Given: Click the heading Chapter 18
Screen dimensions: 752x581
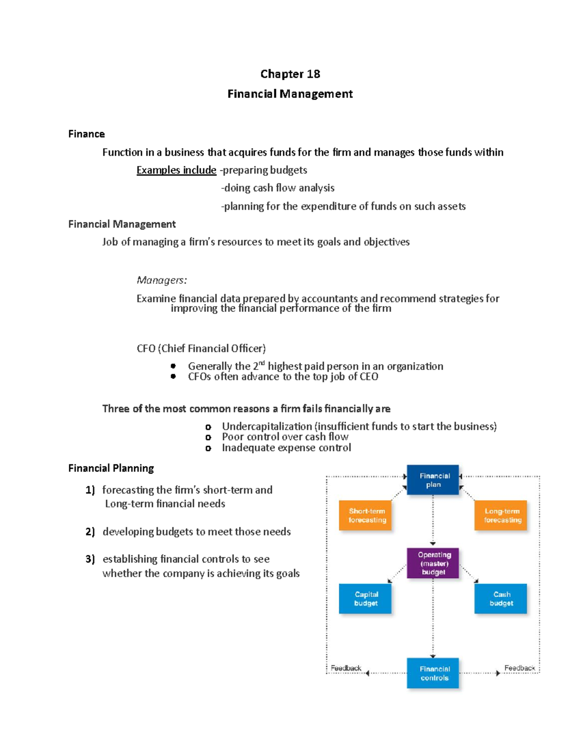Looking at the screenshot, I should pyautogui.click(x=290, y=74).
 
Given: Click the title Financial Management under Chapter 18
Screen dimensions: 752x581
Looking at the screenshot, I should pyautogui.click(x=290, y=94).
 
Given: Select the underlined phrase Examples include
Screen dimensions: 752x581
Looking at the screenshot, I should pyautogui.click(x=176, y=170).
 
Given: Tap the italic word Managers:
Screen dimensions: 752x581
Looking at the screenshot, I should pyautogui.click(x=162, y=280).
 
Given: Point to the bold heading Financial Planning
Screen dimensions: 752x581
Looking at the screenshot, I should pyautogui.click(x=111, y=468).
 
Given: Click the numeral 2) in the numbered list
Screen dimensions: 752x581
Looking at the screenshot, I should pyautogui.click(x=90, y=532).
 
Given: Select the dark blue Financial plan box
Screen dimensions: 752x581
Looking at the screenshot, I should pyautogui.click(x=433, y=480).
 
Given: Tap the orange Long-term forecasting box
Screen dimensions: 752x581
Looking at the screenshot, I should pyautogui.click(x=501, y=516).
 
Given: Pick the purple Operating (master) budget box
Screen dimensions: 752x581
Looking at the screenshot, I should pyautogui.click(x=433, y=563).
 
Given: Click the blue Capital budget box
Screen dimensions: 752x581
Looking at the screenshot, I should pyautogui.click(x=366, y=599).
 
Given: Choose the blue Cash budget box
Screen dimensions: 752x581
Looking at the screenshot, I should pyautogui.click(x=501, y=599).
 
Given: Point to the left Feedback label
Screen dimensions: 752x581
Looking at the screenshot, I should pyautogui.click(x=346, y=668).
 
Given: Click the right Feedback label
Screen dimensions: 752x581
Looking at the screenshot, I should pyautogui.click(x=519, y=668).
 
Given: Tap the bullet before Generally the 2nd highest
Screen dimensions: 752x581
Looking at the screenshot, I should pyautogui.click(x=173, y=367).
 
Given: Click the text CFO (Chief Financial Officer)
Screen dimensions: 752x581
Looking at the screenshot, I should pyautogui.click(x=201, y=349).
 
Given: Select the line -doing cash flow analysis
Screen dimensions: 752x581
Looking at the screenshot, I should pyautogui.click(x=278, y=188).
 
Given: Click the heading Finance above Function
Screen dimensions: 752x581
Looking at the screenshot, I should pyautogui.click(x=86, y=134).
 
